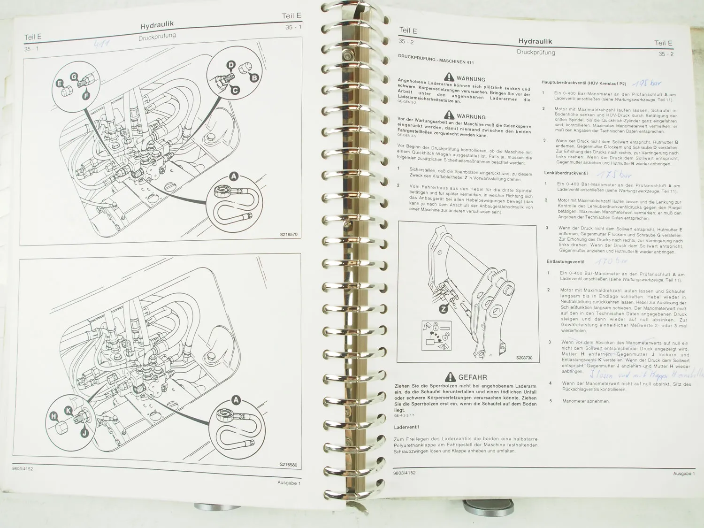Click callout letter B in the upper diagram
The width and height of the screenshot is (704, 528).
[x=254, y=77]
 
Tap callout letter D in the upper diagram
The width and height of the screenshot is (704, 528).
[x=230, y=65]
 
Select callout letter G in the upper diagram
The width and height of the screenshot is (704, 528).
[x=74, y=77]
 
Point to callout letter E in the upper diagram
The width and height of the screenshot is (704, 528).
[x=60, y=83]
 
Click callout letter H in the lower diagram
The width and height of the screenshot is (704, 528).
[x=54, y=416]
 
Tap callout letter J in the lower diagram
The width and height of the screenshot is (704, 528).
[x=84, y=432]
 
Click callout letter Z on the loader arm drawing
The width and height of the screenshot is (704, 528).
[x=443, y=309]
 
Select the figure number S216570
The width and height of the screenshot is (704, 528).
[x=288, y=234]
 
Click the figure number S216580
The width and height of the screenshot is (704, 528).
[x=288, y=464]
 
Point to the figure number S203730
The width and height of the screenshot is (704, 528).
[x=524, y=358]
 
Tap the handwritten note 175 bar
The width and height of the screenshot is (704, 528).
[x=613, y=175]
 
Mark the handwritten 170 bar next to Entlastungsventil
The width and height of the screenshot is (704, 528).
[x=611, y=260]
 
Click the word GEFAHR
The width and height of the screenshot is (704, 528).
[x=472, y=377]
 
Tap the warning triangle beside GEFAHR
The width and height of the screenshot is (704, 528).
[x=450, y=376]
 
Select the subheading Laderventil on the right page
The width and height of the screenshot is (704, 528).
[x=406, y=427]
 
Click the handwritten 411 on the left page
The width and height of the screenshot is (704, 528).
[x=102, y=44]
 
